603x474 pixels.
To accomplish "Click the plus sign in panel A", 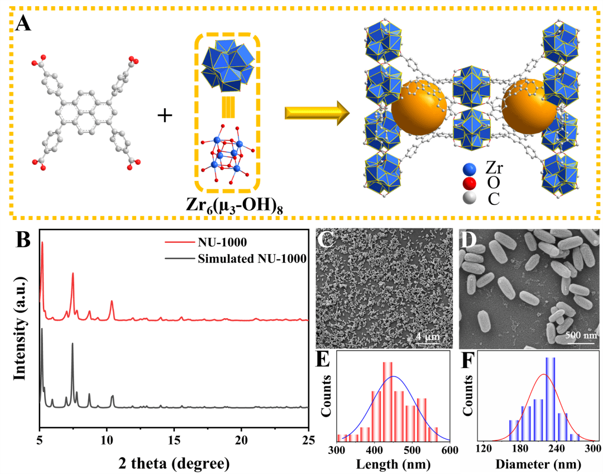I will [165, 116].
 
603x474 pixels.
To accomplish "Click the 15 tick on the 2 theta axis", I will [174, 439].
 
